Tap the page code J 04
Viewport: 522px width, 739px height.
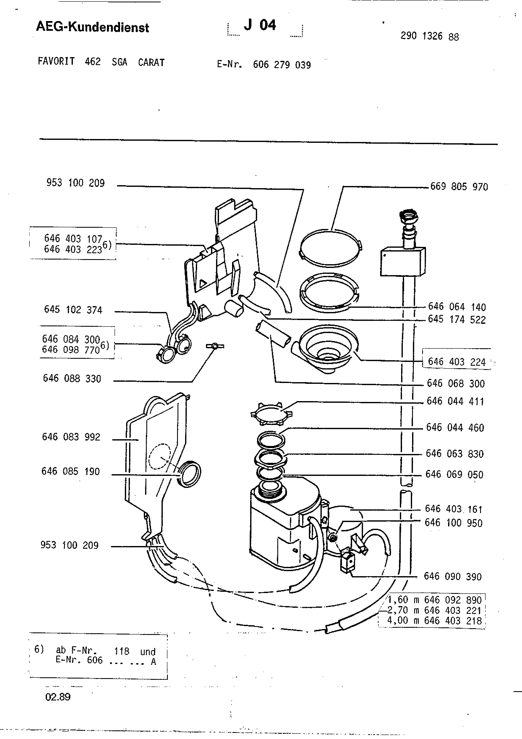coord(260,25)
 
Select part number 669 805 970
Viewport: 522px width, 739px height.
coord(459,187)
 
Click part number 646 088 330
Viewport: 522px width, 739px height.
coord(72,379)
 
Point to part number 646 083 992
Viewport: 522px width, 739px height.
coord(71,437)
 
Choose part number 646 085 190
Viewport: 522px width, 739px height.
coord(71,471)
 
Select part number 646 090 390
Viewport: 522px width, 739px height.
coord(453,576)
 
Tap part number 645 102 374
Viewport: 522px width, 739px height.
coord(73,310)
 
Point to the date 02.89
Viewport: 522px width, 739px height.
coord(58,697)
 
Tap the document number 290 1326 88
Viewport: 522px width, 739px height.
coord(430,36)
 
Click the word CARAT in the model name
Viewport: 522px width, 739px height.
coord(151,62)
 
